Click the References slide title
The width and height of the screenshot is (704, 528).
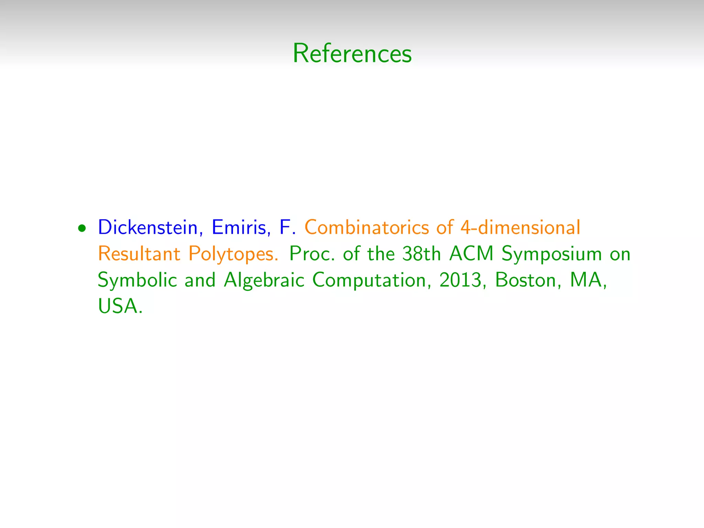tap(352, 54)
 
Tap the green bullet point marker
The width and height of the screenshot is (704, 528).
tap(82, 228)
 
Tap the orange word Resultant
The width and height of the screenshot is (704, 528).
tap(139, 254)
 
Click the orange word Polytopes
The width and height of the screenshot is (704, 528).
tap(233, 254)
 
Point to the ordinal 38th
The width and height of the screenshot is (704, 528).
tap(421, 254)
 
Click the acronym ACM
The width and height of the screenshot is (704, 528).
tap(471, 254)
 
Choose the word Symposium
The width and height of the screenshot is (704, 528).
tap(551, 254)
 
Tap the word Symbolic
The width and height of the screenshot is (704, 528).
tap(137, 280)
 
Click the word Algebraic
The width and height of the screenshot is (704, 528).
tap(264, 280)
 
